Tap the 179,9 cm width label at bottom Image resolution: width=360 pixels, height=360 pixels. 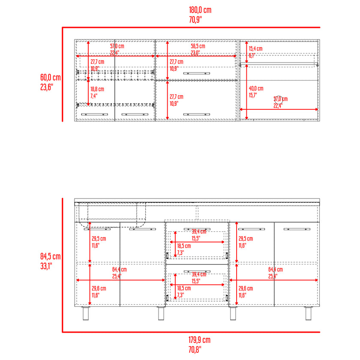[x=200, y=339]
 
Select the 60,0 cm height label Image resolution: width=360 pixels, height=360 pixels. [x=51, y=77]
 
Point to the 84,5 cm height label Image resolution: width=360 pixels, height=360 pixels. [x=51, y=256]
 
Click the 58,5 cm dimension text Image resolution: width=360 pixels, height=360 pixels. [x=198, y=46]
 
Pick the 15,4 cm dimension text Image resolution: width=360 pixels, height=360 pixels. [x=255, y=49]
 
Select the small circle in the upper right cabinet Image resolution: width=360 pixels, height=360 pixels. [x=278, y=99]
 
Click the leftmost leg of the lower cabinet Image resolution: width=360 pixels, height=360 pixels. [x=87, y=313]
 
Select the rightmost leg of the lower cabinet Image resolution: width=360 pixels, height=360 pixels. [x=308, y=313]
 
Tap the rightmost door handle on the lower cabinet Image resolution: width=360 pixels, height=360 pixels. [x=298, y=229]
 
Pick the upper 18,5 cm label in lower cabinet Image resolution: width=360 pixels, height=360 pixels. [x=184, y=246]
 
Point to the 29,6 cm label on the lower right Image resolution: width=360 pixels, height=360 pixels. [x=246, y=288]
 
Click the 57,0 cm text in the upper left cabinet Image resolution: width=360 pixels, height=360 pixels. [x=117, y=46]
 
